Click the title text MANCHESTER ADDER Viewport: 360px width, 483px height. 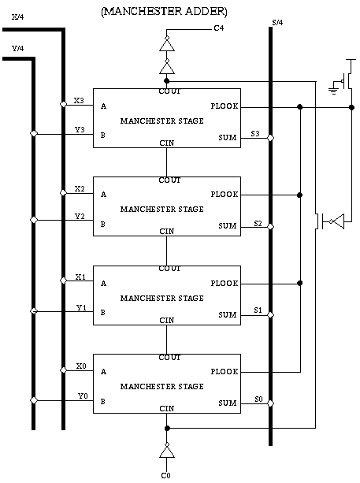(164, 11)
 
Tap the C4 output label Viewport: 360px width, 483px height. (219, 28)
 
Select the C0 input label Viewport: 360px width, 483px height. (165, 476)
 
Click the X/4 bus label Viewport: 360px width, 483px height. (17, 17)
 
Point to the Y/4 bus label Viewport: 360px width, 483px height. (17, 48)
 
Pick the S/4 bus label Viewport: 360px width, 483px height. (277, 23)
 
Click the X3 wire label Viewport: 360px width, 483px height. (79, 100)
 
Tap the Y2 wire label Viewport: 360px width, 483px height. (80, 216)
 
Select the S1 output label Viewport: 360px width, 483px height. (258, 310)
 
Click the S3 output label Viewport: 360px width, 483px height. (255, 134)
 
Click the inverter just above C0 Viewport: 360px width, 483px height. (166, 451)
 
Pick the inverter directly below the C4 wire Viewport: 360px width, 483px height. (167, 44)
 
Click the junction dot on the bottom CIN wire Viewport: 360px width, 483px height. (167, 429)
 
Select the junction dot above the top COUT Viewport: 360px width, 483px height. (166, 81)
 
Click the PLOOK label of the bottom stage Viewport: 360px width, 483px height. (225, 371)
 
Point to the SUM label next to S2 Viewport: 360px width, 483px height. (228, 226)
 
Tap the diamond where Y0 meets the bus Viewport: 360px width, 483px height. (34, 400)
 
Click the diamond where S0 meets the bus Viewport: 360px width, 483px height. (271, 403)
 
